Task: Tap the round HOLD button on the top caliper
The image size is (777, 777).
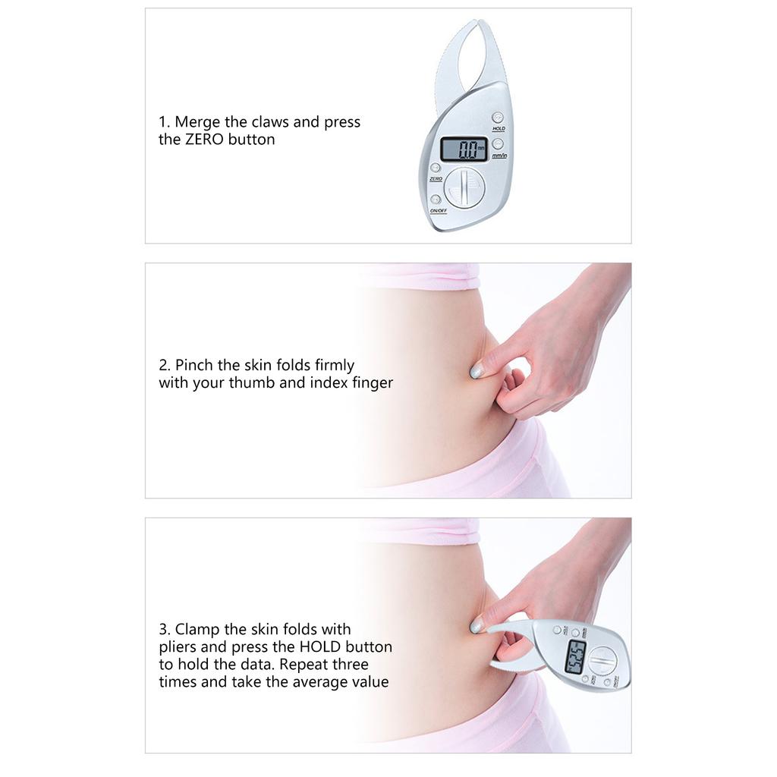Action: click(497, 118)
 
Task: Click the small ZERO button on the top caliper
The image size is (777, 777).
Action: click(435, 168)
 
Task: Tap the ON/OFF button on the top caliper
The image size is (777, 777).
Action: click(436, 199)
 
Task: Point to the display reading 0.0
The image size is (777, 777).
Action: click(464, 149)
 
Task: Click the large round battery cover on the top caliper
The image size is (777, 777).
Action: click(464, 187)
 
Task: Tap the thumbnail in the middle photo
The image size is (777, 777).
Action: click(477, 371)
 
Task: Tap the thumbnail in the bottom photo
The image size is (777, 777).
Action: click(477, 626)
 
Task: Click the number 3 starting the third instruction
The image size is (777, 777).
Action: click(163, 630)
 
